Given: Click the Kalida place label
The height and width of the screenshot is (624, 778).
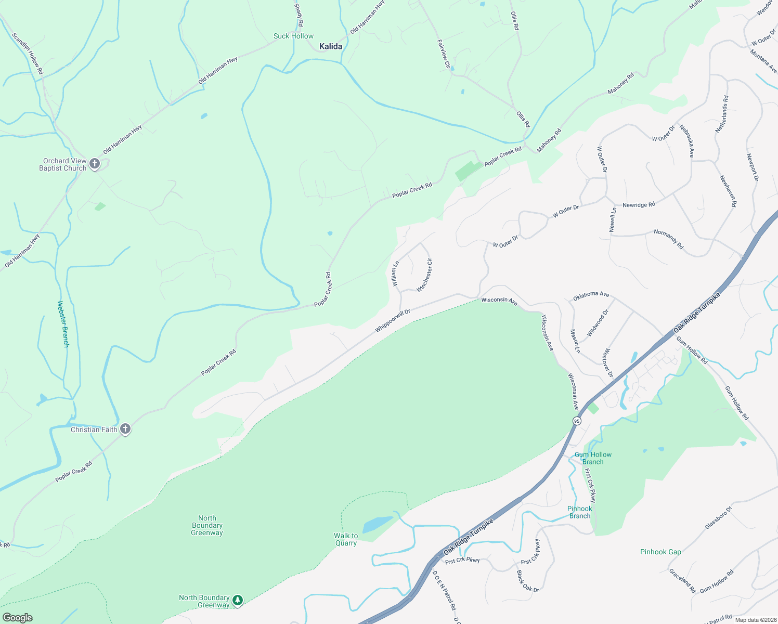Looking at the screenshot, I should pyautogui.click(x=331, y=47).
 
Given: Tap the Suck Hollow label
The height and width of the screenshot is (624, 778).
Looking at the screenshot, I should pyautogui.click(x=293, y=36).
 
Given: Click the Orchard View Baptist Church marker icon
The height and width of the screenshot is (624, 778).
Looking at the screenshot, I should pyautogui.click(x=95, y=164).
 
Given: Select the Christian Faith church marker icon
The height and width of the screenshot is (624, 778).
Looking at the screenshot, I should pyautogui.click(x=125, y=430).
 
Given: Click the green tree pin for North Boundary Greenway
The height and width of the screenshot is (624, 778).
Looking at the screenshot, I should pyautogui.click(x=238, y=601).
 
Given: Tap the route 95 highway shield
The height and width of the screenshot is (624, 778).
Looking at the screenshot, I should pyautogui.click(x=576, y=421).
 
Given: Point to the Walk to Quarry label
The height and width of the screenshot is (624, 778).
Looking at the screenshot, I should pyautogui.click(x=346, y=539).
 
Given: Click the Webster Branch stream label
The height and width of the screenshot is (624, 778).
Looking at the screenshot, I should pyautogui.click(x=62, y=324).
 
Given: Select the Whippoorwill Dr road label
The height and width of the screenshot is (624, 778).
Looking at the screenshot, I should pyautogui.click(x=393, y=321).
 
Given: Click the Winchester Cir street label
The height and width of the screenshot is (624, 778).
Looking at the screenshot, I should pyautogui.click(x=424, y=275).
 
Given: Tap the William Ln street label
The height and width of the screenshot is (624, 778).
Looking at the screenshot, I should pyautogui.click(x=396, y=274).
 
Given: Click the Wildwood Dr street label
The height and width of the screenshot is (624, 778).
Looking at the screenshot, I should pyautogui.click(x=598, y=323).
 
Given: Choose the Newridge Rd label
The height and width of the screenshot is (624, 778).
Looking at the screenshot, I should pyautogui.click(x=639, y=205).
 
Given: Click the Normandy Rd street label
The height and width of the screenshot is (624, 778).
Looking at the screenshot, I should pyautogui.click(x=669, y=239).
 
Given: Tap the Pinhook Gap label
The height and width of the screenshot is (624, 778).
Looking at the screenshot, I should pyautogui.click(x=660, y=552).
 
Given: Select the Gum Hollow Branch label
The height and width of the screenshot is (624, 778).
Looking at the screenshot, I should pyautogui.click(x=593, y=458).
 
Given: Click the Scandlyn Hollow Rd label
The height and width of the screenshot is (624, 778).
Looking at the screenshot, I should pyautogui.click(x=28, y=53).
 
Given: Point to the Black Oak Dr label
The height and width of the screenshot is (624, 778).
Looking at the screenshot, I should pyautogui.click(x=527, y=581).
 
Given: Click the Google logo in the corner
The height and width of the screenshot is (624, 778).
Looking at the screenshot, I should pyautogui.click(x=17, y=618).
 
